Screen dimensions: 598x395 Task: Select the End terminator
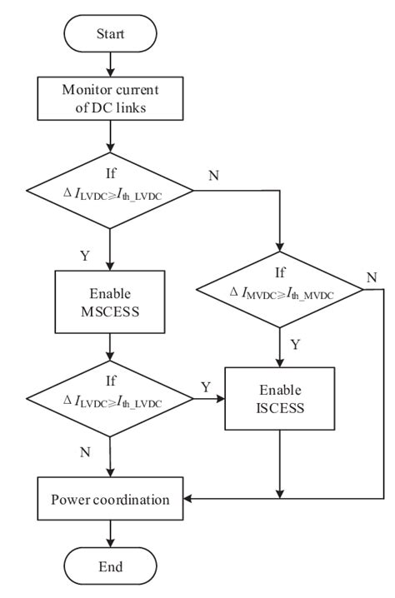pyautogui.click(x=110, y=567)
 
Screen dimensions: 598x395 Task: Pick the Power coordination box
pyautogui.click(x=110, y=501)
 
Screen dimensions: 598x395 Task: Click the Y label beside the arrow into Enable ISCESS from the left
pyautogui.click(x=205, y=387)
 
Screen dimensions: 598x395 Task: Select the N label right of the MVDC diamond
pyautogui.click(x=372, y=276)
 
